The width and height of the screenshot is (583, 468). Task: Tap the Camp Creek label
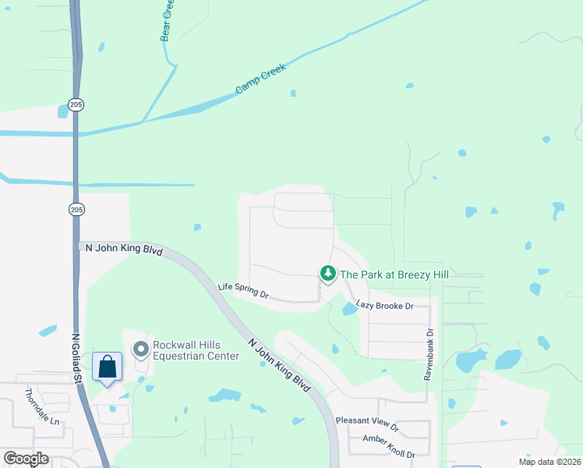click(261, 79)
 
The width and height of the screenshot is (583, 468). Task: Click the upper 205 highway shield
click(76, 105)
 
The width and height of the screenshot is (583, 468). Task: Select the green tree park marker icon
click(328, 274)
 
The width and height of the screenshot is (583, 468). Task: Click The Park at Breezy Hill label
click(394, 274)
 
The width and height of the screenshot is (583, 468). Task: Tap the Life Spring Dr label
click(242, 291)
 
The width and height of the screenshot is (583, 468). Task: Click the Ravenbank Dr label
click(428, 353)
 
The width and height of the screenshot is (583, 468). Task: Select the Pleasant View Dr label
click(367, 423)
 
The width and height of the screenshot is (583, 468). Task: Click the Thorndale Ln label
click(42, 406)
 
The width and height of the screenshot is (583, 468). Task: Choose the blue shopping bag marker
click(107, 367)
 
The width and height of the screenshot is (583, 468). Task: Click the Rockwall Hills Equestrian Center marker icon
click(141, 349)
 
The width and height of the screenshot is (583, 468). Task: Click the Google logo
click(25, 459)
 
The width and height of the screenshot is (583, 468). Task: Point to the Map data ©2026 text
click(539, 462)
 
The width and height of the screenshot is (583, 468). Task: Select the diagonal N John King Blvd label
click(280, 364)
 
